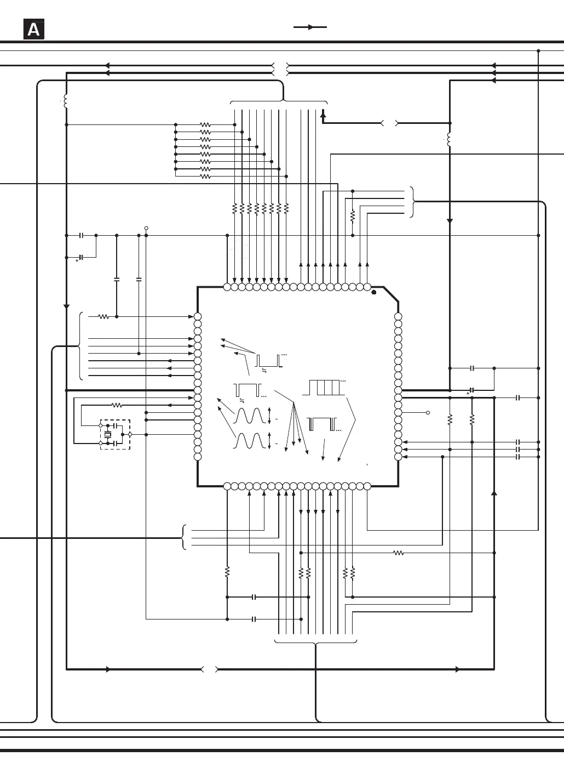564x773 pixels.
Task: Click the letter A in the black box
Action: tap(33, 30)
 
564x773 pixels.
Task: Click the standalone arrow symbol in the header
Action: tap(310, 27)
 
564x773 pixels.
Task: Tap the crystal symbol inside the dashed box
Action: tap(108, 434)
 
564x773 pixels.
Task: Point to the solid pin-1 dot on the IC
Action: tap(374, 292)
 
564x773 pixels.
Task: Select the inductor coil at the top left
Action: tap(66, 101)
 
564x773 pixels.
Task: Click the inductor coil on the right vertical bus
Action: tap(450, 139)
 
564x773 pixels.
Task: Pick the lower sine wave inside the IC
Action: tap(250, 441)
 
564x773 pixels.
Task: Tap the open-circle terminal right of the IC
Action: tap(428, 412)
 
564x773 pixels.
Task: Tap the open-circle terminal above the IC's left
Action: tap(146, 228)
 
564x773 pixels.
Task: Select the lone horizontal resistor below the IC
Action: tap(399, 553)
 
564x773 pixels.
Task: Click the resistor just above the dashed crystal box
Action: tap(117, 405)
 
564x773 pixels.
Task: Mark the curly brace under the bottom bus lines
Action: tap(315, 642)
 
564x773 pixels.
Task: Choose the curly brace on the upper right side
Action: tap(413, 202)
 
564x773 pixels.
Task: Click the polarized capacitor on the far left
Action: tap(81, 257)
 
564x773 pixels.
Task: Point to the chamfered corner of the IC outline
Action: tap(391, 294)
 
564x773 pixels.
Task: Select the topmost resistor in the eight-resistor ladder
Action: tap(205, 124)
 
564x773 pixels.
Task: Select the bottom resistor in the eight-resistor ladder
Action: tap(205, 177)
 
